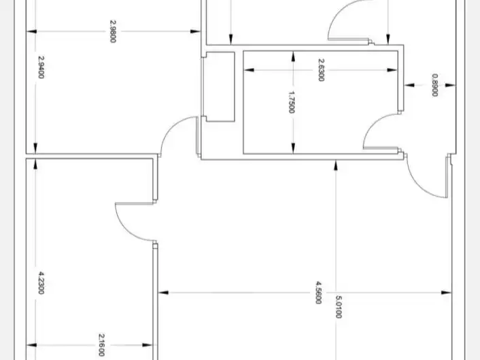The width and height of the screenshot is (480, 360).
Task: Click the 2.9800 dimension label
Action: [x=113, y=31]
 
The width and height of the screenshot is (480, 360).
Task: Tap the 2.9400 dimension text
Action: [x=41, y=67]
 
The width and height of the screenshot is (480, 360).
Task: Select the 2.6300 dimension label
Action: [x=321, y=70]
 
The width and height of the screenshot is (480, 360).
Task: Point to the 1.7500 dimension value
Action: [x=292, y=102]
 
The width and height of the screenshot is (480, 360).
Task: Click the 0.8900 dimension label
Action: [x=434, y=85]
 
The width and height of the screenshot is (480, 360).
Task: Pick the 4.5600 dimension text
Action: [x=318, y=293]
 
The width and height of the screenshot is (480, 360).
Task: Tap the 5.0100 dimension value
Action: [x=339, y=307]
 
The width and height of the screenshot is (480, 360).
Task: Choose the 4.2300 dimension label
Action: [x=41, y=282]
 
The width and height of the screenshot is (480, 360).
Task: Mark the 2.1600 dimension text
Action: [x=101, y=345]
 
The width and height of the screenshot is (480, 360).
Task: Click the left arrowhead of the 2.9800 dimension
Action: [x=31, y=31]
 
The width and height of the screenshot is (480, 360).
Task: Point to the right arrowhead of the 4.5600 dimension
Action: [x=447, y=293]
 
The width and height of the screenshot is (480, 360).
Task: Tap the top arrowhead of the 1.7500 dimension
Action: [x=293, y=56]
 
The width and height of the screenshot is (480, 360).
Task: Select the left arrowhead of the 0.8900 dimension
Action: [x=409, y=85]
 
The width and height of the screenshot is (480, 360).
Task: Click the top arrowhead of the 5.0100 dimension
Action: [x=336, y=165]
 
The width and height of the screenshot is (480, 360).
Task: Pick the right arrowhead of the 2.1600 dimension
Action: [x=148, y=345]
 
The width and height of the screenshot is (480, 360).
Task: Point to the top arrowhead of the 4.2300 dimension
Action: [x=35, y=165]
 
